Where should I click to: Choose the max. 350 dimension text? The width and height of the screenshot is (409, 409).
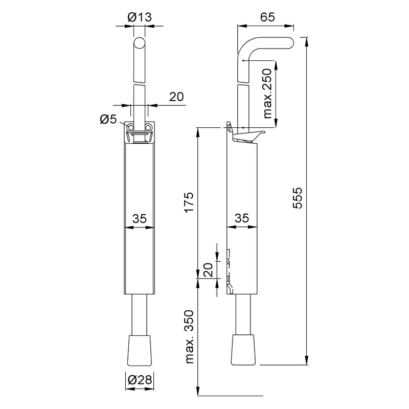[189, 337]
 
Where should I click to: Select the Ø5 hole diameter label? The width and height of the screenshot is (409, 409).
[108, 119]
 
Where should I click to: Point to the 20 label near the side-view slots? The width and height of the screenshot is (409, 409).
[208, 269]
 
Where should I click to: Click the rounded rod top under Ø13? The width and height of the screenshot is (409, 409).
[139, 43]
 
